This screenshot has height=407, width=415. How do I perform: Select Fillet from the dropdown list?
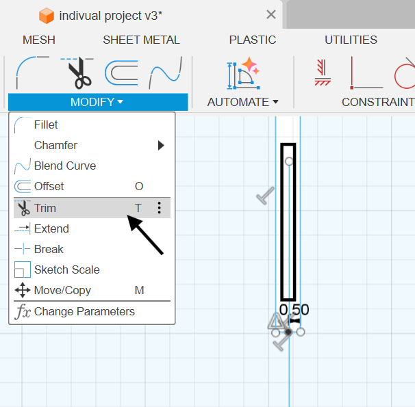pos(45,124)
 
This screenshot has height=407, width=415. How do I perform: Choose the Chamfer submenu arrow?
pos(161,145)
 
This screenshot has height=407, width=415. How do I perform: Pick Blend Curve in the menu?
pos(65,166)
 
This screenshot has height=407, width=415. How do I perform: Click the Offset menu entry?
pos(49,186)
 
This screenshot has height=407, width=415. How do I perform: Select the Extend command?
pos(51,228)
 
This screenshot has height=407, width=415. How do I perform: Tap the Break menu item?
pos(49,249)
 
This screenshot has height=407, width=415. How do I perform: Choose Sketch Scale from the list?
pos(66,270)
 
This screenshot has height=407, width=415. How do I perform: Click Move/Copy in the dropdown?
pos(62,291)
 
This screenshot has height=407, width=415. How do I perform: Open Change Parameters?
pos(84,312)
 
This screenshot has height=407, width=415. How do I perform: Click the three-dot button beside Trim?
pos(159,208)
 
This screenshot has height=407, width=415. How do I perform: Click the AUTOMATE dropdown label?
pos(242,102)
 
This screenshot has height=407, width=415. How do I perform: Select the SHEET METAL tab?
pos(141,40)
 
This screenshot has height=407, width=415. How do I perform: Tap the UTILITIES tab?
pos(351,40)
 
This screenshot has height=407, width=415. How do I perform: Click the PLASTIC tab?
pos(253,40)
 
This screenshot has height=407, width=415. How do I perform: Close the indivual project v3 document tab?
pos(271,14)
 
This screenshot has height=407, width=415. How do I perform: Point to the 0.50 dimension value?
pos(294,310)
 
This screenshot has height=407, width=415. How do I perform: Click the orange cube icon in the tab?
pos(47,16)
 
